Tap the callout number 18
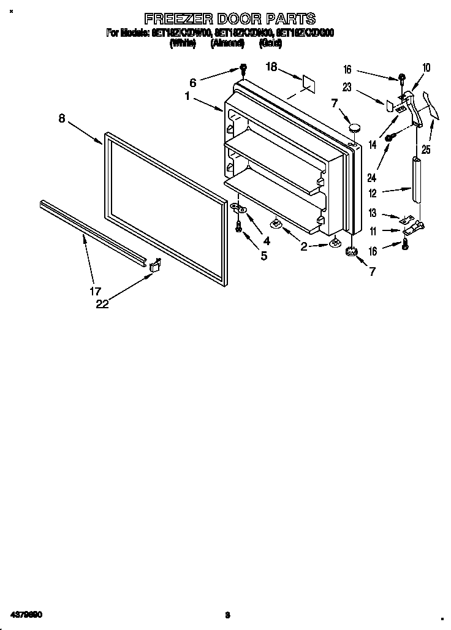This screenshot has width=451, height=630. pos(272,67)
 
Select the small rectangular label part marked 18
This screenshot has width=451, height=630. pos(307,83)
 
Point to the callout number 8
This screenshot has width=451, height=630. pos(61,119)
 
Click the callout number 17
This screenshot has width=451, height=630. pos(96,291)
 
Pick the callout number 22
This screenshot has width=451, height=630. pos(102,303)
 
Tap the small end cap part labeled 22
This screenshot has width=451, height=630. pos(155,265)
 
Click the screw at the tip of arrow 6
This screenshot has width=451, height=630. pos(243,69)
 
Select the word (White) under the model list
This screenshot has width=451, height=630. pos(183,44)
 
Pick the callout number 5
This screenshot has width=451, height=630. pos(264,256)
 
